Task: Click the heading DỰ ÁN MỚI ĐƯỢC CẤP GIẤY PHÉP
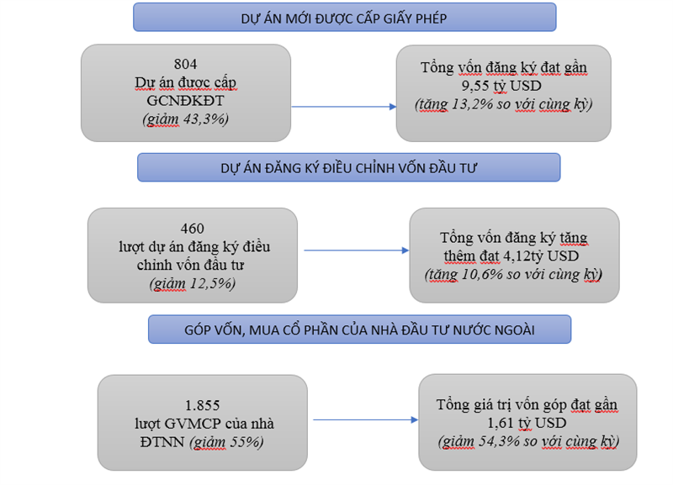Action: (344, 17)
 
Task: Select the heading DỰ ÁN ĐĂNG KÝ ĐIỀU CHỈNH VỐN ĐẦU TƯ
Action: (348, 167)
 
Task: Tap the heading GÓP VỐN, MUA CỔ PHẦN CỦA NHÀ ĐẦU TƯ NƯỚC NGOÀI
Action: (359, 329)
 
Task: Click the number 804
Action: (186, 64)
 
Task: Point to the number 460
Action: (193, 228)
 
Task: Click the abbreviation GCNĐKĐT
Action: (186, 101)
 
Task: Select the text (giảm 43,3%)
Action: (186, 119)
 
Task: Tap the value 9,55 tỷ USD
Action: (503, 86)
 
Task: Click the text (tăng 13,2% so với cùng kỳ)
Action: (503, 104)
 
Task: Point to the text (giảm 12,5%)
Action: (193, 284)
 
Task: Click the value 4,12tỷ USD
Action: (543, 256)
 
